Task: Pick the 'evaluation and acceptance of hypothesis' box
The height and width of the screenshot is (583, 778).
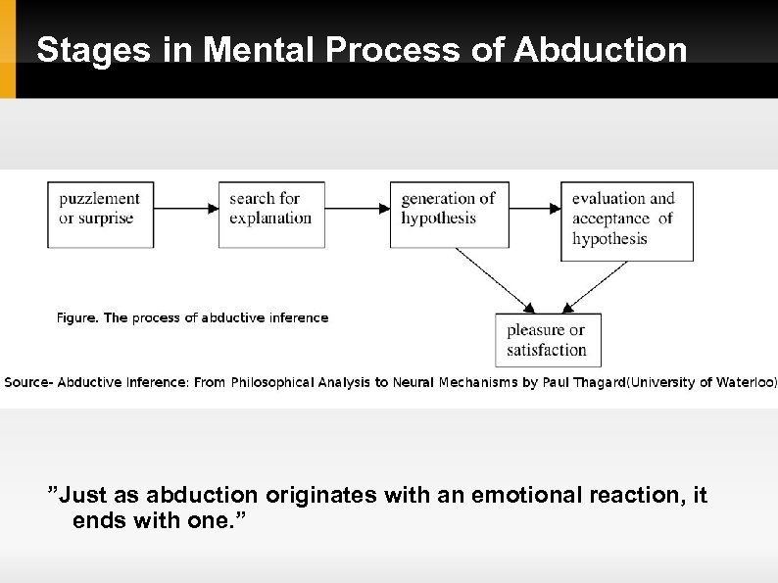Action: [626, 219]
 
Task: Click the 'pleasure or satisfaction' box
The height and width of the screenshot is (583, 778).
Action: [547, 340]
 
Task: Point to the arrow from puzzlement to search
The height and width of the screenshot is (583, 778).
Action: [186, 208]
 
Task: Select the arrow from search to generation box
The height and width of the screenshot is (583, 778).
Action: [357, 208]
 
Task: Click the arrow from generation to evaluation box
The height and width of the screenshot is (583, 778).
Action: [535, 208]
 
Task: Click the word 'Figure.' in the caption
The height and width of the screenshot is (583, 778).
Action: [77, 317]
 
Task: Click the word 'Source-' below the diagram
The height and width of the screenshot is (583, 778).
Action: [28, 382]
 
